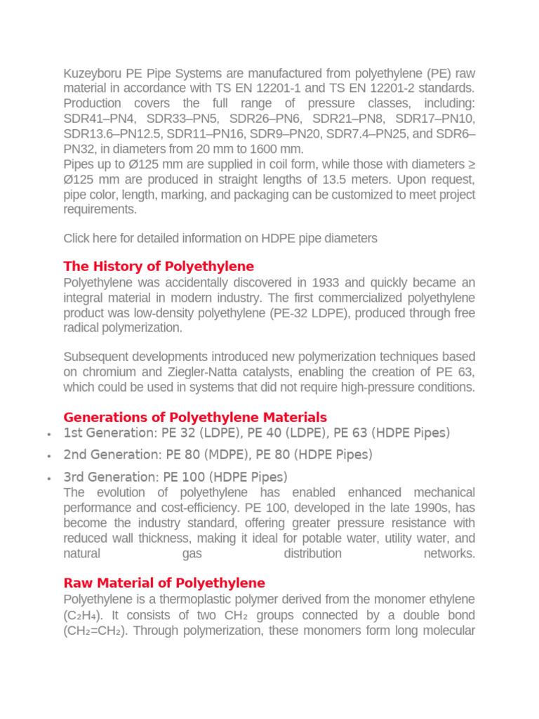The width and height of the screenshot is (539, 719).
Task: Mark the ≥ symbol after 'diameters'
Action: (471, 164)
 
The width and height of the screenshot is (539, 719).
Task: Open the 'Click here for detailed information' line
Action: (220, 238)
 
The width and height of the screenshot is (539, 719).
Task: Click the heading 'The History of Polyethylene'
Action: (159, 266)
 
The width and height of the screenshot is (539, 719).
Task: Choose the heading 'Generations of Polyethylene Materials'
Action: (195, 417)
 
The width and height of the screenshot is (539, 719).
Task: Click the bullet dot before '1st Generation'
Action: (48, 434)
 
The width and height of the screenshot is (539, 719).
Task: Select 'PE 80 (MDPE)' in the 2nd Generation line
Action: (207, 454)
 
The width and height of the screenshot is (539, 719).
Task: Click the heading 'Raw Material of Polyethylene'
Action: (164, 583)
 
